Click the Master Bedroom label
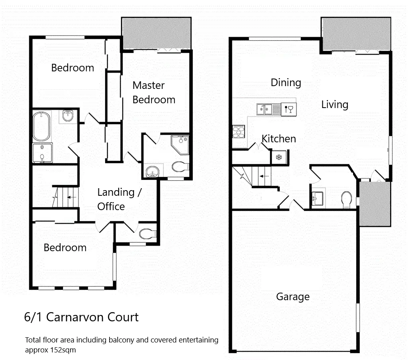tap(154, 92)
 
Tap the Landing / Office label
tap(119, 199)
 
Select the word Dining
tap(286, 83)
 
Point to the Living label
tap(335, 104)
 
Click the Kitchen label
tap(279, 139)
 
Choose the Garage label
tap(293, 297)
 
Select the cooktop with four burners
tap(239, 132)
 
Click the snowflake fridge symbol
tap(279, 157)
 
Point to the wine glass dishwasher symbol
tap(288, 108)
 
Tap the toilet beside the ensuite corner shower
tap(180, 166)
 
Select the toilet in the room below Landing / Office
tap(147, 233)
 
